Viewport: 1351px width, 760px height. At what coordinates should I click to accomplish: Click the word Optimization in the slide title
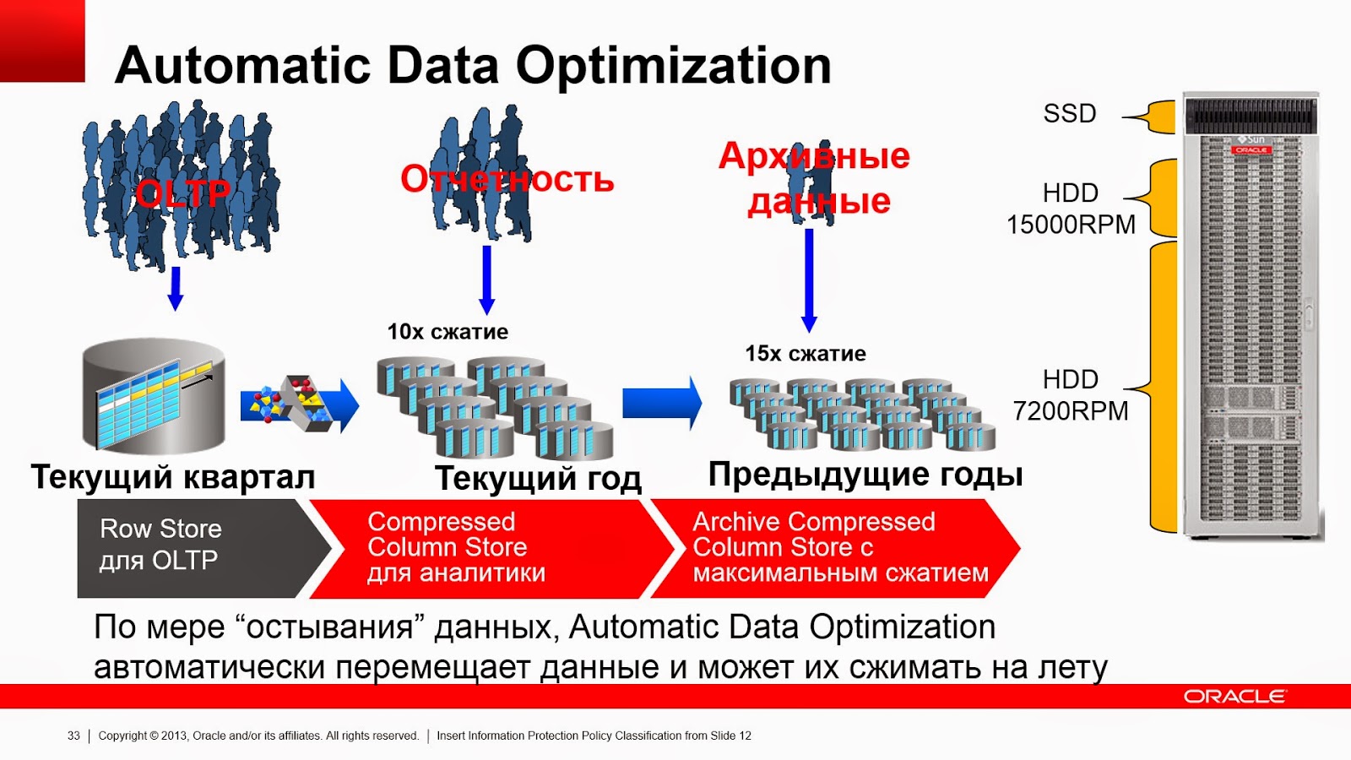tap(673, 66)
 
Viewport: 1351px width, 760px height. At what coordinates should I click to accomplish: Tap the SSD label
tap(1069, 113)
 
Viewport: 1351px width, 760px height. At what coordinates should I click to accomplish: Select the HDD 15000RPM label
tap(1070, 209)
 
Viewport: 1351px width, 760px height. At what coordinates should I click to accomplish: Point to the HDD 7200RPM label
tap(1070, 395)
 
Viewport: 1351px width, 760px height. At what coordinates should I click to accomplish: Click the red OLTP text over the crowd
tap(182, 194)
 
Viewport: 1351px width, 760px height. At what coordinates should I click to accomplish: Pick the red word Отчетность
tap(507, 179)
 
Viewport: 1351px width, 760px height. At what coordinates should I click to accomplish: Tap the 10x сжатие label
tap(448, 332)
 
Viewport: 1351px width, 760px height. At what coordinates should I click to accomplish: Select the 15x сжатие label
tap(805, 354)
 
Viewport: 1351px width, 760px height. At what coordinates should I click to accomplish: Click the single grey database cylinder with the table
tap(154, 395)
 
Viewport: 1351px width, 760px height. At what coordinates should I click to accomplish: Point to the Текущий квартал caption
tap(173, 477)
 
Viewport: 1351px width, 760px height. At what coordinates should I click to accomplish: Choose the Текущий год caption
tap(538, 479)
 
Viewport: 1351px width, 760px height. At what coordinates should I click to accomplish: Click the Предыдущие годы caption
tap(865, 475)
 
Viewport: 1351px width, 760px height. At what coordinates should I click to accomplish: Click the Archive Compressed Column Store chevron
tap(832, 547)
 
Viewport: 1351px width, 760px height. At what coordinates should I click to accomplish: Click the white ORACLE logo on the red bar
tap(1234, 697)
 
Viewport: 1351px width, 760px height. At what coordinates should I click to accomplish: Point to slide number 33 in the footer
tap(73, 736)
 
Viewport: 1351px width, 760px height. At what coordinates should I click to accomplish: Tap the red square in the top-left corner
tap(42, 41)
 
